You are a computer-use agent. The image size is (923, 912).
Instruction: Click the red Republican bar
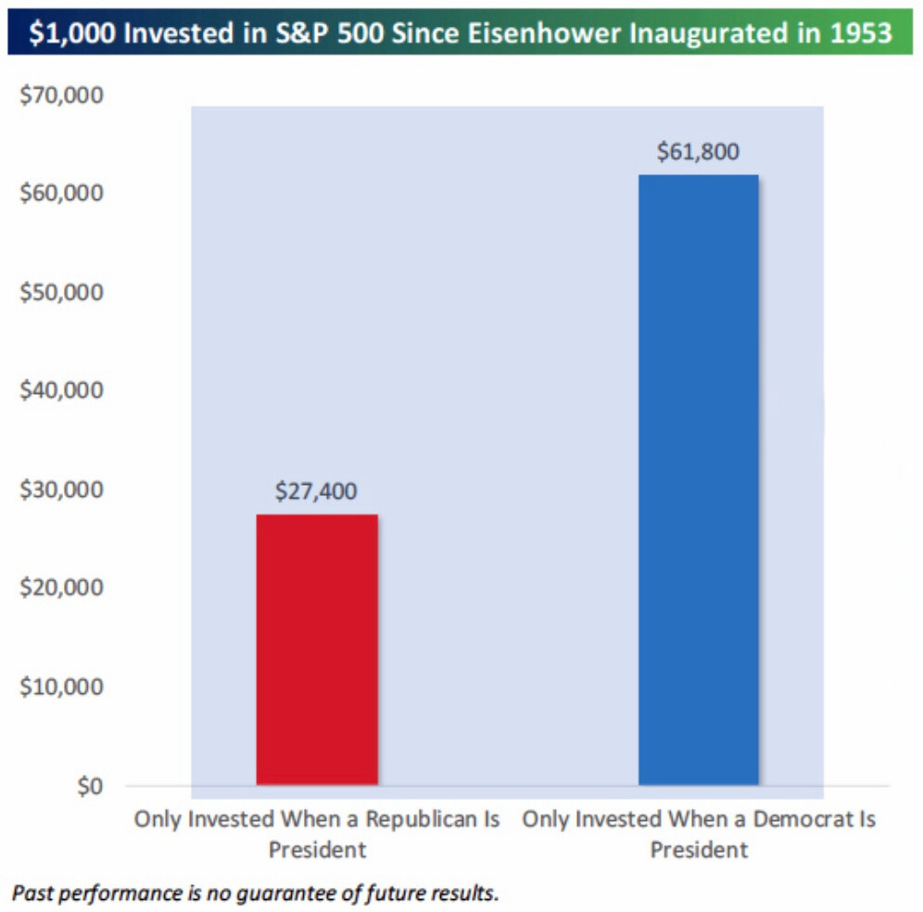[317, 649]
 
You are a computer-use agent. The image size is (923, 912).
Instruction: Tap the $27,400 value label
[315, 491]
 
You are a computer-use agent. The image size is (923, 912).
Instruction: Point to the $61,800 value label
[698, 152]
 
